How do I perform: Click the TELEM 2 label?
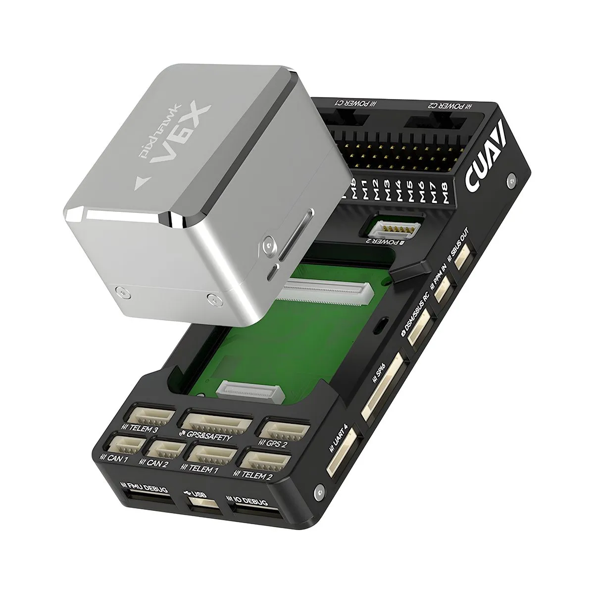tap(256, 476)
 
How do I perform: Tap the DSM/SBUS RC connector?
tap(420, 329)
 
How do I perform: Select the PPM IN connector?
tap(443, 289)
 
